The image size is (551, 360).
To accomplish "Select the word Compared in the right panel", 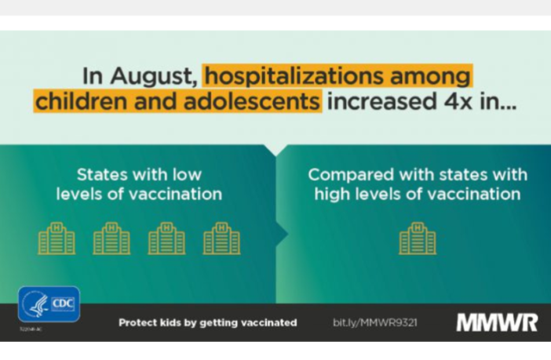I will [x=345, y=174].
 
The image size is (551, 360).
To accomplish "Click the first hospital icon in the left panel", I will [x=57, y=238].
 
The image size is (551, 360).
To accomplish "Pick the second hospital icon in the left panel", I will [x=111, y=238].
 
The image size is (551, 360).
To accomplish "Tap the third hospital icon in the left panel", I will [x=166, y=238].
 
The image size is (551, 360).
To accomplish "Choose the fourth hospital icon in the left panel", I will [x=221, y=238].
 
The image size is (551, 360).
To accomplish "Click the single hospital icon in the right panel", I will [x=417, y=238].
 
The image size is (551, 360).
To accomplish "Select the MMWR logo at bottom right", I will [x=497, y=322].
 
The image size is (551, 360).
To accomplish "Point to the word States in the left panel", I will [x=101, y=174].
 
